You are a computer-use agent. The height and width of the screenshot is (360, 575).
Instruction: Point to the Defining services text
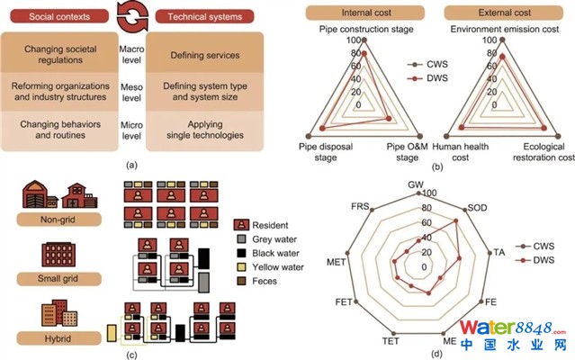tap(204, 55)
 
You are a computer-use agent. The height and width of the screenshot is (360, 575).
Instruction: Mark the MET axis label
tap(337, 262)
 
